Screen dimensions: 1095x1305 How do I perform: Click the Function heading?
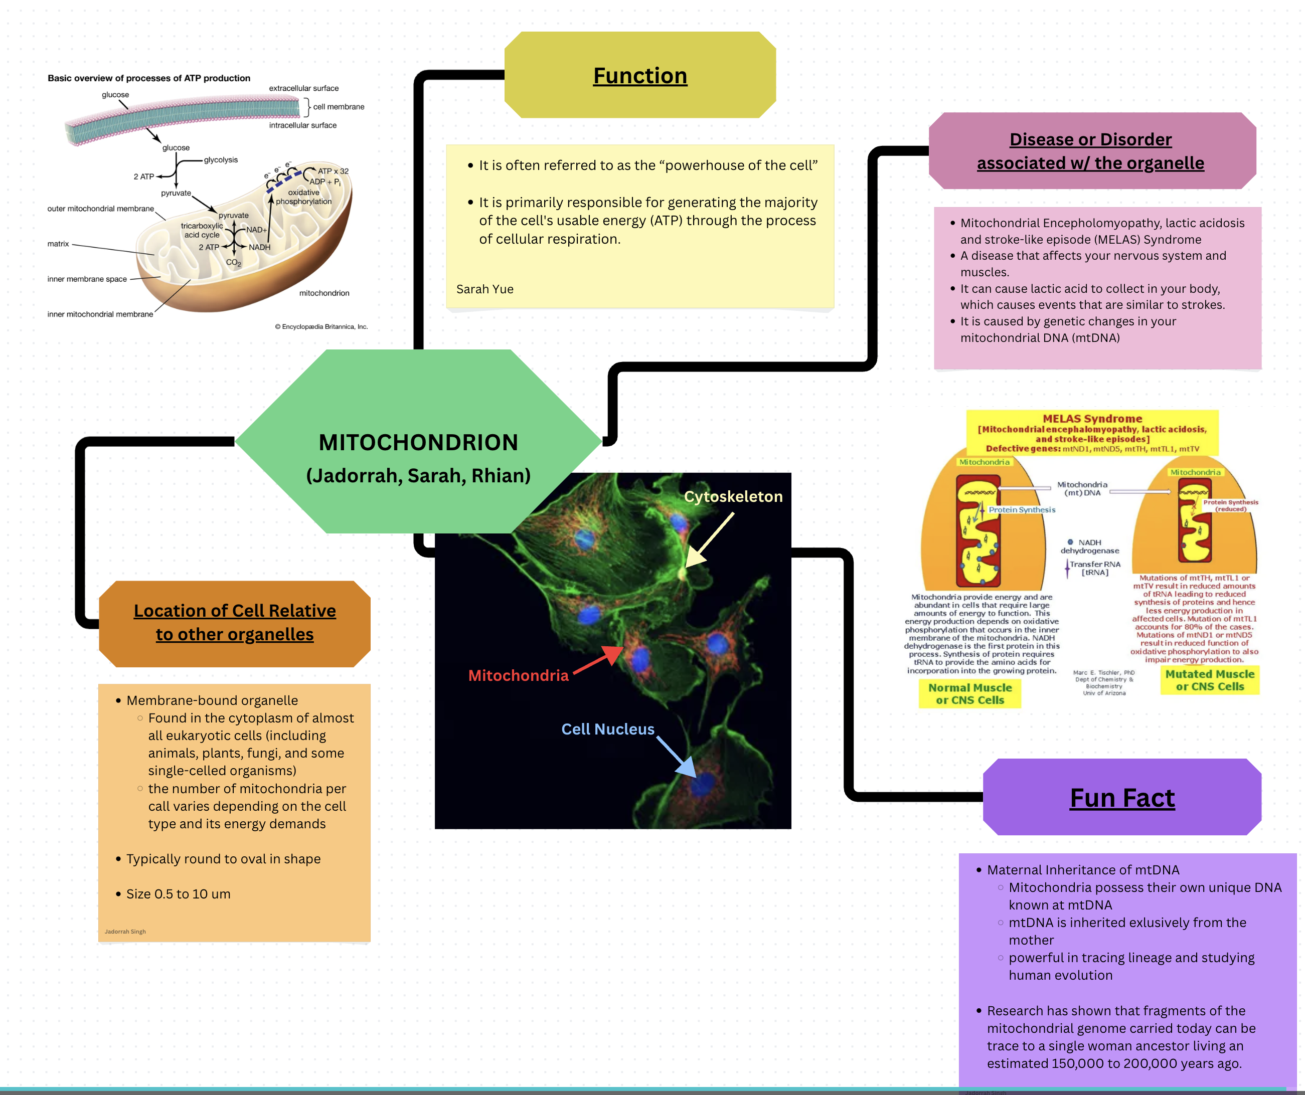coord(639,76)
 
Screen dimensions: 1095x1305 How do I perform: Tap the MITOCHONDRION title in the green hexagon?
coord(418,442)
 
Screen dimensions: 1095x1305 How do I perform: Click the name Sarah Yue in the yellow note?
coord(484,289)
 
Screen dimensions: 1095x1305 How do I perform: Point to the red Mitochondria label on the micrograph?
coord(518,675)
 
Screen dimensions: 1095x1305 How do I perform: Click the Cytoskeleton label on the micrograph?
coord(733,496)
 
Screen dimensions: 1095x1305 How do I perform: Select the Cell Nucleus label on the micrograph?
coord(607,729)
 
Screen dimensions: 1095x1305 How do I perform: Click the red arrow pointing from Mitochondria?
coord(598,660)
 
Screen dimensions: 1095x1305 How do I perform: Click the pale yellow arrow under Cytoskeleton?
coord(709,540)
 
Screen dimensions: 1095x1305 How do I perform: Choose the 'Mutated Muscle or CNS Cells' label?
coord(1209,680)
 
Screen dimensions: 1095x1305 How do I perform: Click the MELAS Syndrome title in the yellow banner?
coord(1092,419)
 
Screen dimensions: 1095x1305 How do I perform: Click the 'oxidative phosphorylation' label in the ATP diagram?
coord(303,197)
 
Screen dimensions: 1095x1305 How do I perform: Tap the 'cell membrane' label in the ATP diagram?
coord(338,107)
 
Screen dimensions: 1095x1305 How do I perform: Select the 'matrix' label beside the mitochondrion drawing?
coord(58,244)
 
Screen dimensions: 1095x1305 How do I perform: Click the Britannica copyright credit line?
coord(321,327)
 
